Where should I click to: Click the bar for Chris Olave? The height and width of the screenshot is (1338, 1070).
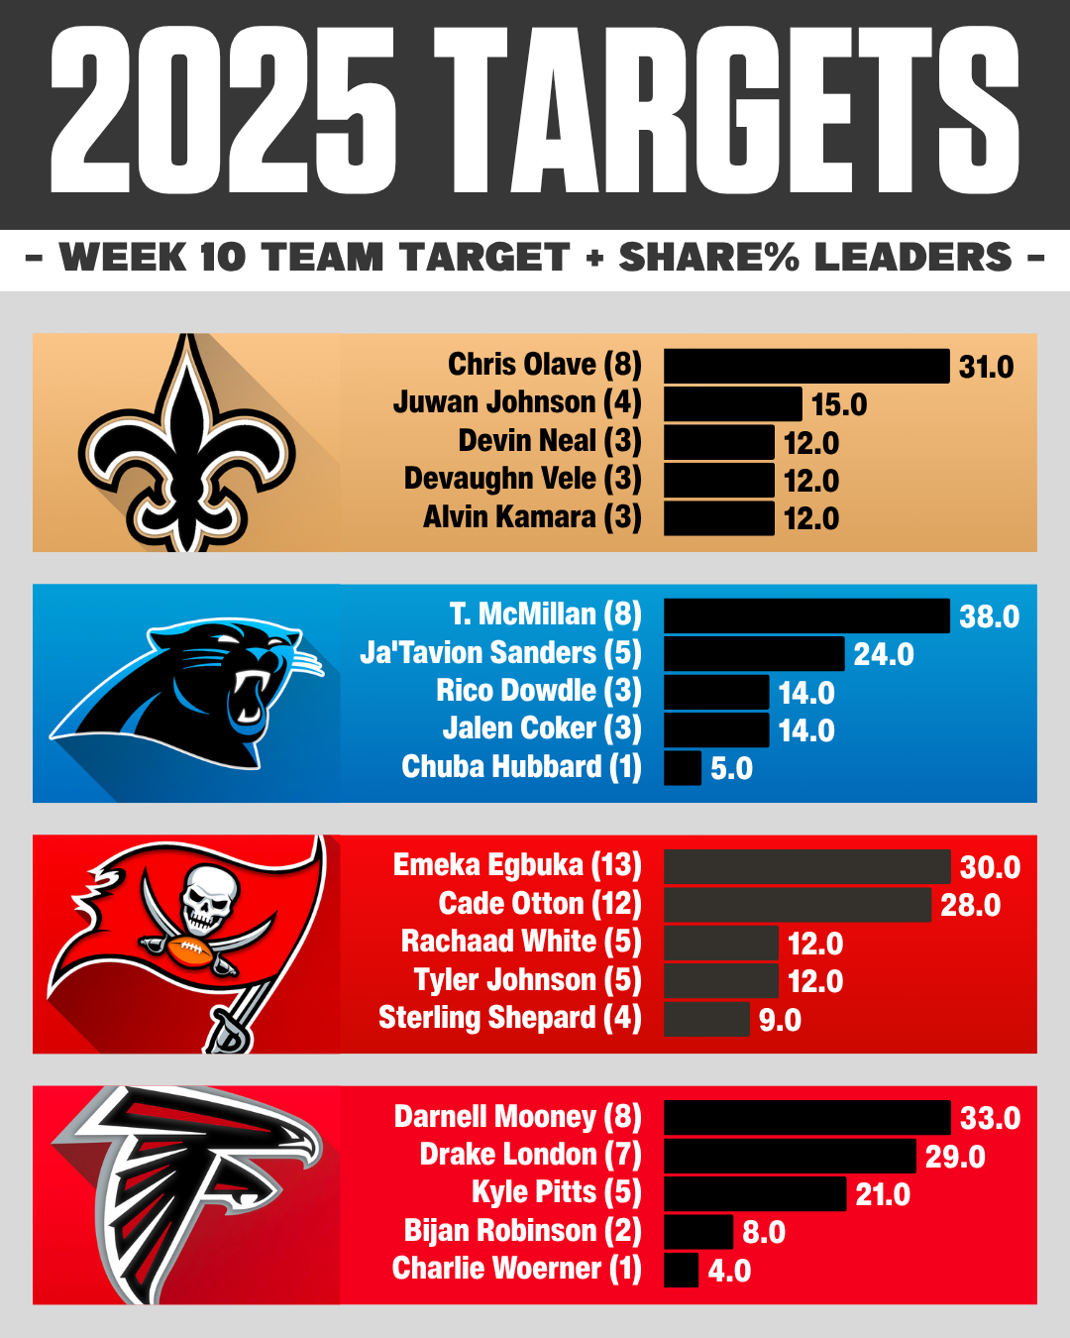(x=805, y=366)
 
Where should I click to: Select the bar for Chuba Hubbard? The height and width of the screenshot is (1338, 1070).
(x=683, y=768)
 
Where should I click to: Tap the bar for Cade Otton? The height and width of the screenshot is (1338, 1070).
(x=797, y=905)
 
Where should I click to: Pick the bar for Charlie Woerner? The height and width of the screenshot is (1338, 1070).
(x=682, y=1270)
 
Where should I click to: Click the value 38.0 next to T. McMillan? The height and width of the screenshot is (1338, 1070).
(x=989, y=616)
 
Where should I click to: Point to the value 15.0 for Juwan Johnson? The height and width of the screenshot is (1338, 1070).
(x=838, y=404)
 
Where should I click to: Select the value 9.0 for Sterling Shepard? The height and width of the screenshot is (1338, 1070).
(x=780, y=1020)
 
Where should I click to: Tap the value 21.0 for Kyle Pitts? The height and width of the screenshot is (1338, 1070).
(x=882, y=1194)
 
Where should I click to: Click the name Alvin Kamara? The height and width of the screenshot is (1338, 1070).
(x=532, y=517)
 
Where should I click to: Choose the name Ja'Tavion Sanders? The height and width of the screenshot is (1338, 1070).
(x=500, y=653)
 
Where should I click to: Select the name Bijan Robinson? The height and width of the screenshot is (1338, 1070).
(x=522, y=1231)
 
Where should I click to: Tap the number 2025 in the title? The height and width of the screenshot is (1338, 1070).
(x=224, y=111)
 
